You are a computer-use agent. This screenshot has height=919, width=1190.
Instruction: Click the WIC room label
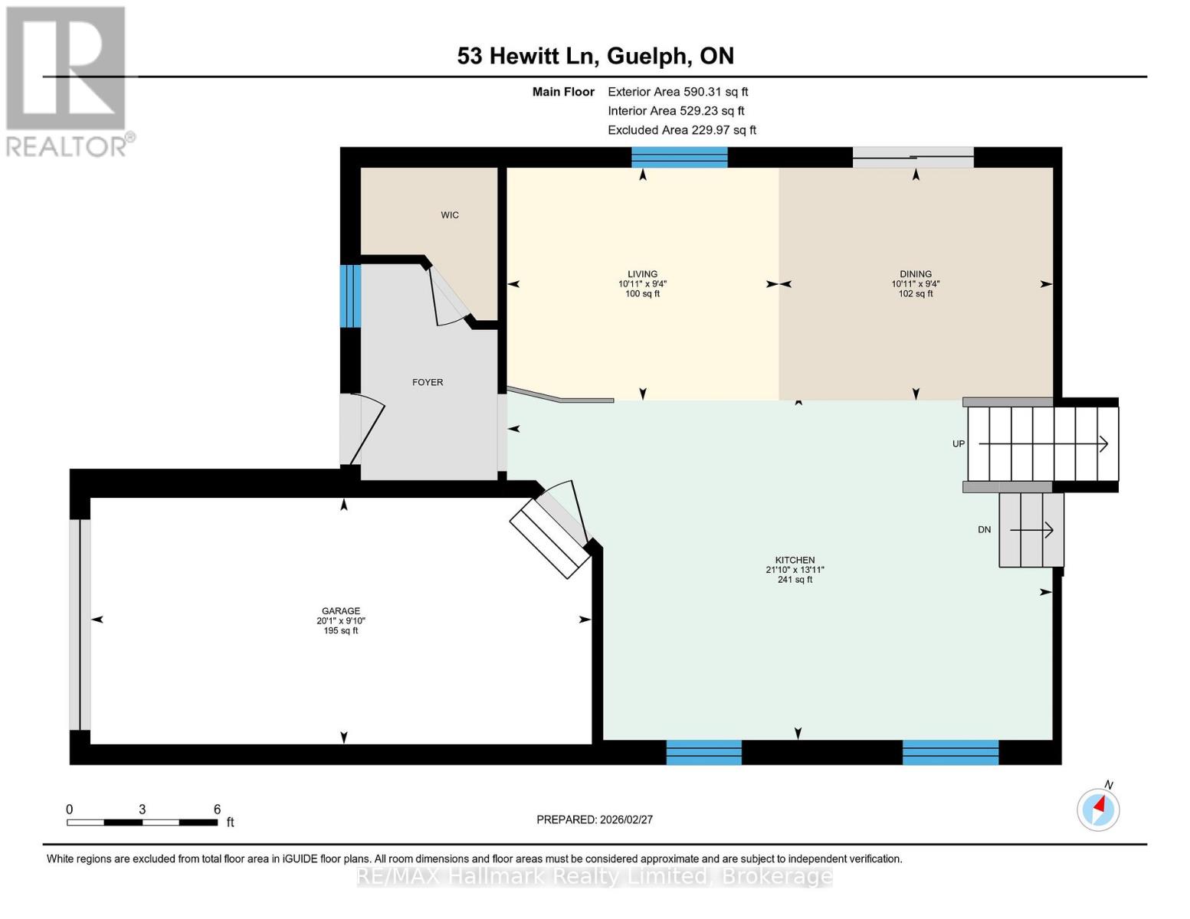click(x=450, y=215)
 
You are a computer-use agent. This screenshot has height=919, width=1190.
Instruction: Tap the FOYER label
click(x=428, y=383)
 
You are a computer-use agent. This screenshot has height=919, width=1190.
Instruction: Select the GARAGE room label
click(x=341, y=611)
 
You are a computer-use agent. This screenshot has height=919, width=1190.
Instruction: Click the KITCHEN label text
click(x=795, y=560)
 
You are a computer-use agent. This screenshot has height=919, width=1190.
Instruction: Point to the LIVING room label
click(x=642, y=274)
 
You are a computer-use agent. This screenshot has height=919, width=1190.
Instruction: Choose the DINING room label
click(x=916, y=274)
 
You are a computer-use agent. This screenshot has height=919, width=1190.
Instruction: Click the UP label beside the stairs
click(x=959, y=444)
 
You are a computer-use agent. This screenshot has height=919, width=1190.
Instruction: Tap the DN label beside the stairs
click(x=984, y=530)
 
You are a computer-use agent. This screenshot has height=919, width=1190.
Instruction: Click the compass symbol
click(x=1098, y=809)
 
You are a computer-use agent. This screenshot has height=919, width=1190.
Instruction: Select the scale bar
click(x=143, y=822)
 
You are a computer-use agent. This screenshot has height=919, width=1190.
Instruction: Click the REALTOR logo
click(x=68, y=82)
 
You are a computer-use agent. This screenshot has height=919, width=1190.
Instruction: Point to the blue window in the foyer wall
click(x=350, y=296)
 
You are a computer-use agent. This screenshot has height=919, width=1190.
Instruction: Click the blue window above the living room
click(x=679, y=157)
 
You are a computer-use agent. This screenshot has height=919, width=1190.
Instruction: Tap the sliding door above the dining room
click(x=913, y=157)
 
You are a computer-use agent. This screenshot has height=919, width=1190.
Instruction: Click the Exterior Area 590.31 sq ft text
click(x=677, y=92)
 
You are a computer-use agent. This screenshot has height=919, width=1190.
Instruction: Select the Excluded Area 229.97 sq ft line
click(x=682, y=130)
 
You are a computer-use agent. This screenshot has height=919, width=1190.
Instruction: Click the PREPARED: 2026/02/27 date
click(x=594, y=819)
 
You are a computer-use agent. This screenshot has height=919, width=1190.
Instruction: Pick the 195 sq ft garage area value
click(x=341, y=630)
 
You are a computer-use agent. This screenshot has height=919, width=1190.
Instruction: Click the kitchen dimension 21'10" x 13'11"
click(x=795, y=570)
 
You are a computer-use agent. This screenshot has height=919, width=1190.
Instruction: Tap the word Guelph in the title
click(x=647, y=57)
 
